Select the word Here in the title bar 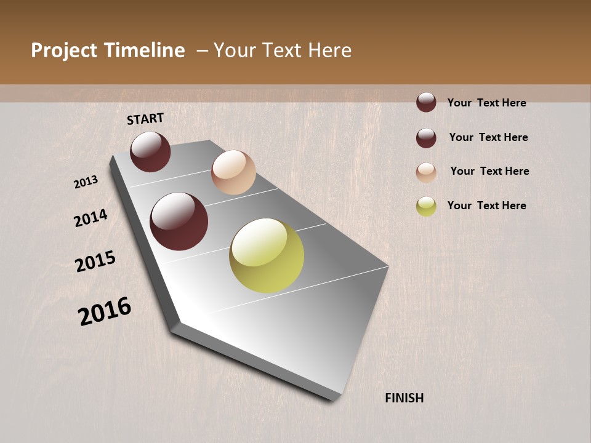click(329, 50)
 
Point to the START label click(145, 119)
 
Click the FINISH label click(404, 398)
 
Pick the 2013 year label click(86, 182)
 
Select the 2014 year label click(91, 218)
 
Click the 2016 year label click(105, 311)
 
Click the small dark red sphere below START click(150, 151)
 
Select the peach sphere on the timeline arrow click(233, 172)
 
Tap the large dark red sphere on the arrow click(179, 221)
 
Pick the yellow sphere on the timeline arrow click(267, 255)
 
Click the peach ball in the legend click(426, 172)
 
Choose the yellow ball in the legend click(426, 206)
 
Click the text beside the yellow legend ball click(486, 206)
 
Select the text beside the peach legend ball click(489, 171)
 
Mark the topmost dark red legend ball click(426, 102)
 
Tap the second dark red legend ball click(426, 138)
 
